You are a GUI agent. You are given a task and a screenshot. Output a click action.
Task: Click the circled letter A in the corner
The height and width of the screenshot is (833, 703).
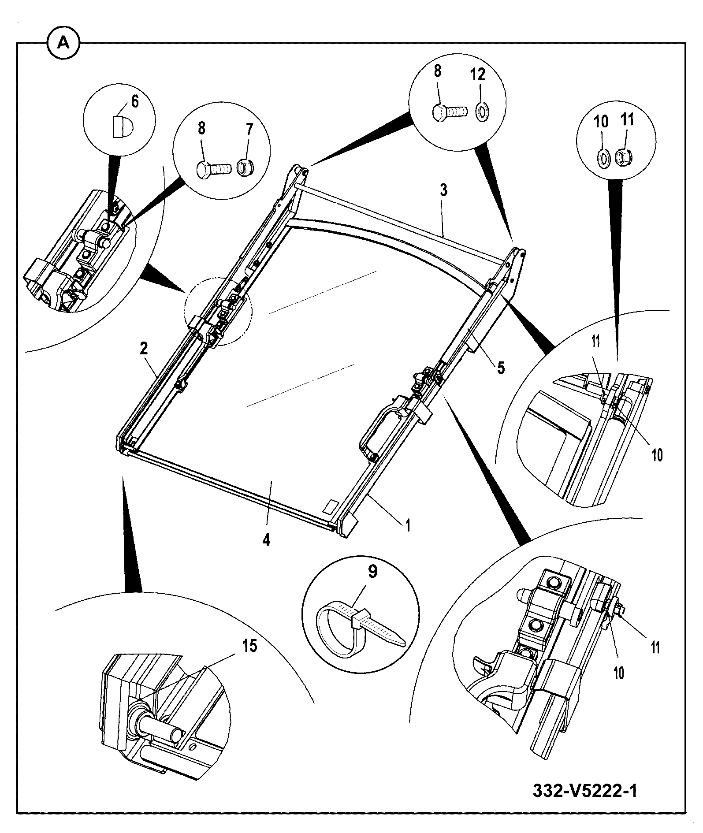click(x=63, y=43)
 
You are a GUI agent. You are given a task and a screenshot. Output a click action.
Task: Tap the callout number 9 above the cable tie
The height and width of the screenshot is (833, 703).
click(x=373, y=572)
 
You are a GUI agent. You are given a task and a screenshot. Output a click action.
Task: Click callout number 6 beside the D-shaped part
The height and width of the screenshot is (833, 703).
click(x=134, y=101)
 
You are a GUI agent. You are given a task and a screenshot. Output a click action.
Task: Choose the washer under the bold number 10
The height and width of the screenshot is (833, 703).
click(x=603, y=157)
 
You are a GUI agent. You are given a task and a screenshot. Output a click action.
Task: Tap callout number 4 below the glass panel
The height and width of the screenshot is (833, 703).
click(x=266, y=539)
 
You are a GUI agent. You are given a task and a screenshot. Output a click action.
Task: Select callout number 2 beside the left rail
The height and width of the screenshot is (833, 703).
click(x=144, y=348)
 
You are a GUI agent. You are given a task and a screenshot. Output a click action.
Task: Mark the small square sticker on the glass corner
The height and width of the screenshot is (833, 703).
click(x=331, y=506)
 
